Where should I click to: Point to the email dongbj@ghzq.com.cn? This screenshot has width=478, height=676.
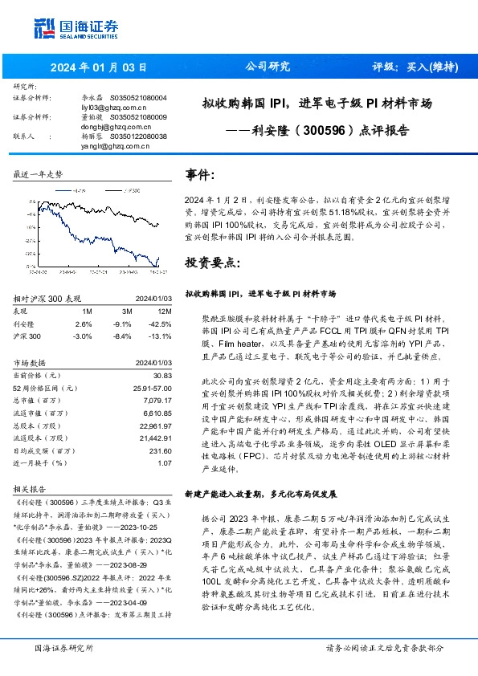point(112,127)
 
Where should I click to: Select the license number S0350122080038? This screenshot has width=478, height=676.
point(138,136)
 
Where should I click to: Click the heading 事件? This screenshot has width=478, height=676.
point(200,174)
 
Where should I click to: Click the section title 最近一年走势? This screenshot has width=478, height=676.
point(39,173)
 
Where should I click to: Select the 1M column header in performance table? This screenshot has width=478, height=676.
point(88,311)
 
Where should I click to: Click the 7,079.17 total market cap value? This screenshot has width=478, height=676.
point(158,401)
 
